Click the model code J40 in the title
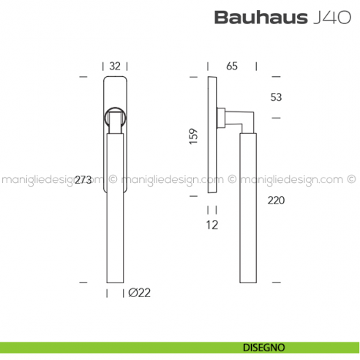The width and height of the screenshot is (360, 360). point(320,18)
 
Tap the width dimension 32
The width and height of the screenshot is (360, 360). point(114,65)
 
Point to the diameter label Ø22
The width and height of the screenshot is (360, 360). point(139,293)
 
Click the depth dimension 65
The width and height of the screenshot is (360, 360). point(232,66)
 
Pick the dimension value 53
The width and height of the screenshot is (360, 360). point(276,97)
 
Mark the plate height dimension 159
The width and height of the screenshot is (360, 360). point(193,136)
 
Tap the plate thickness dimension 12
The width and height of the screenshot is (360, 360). point(211,226)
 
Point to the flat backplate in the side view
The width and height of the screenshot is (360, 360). point(211,135)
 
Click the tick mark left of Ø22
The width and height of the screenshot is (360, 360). point(108,293)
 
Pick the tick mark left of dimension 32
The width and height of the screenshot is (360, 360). point(82,76)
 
